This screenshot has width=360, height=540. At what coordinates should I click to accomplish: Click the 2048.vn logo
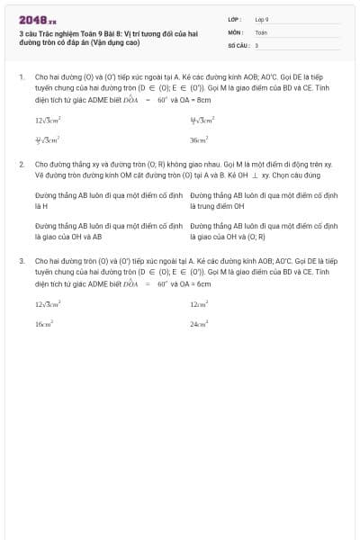tap(37, 19)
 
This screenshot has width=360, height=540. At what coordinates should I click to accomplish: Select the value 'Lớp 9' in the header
tap(262, 18)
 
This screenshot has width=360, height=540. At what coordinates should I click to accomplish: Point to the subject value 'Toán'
tap(261, 31)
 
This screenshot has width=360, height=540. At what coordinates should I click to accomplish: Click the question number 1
tap(21, 78)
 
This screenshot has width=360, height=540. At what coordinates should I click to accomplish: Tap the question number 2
tap(21, 166)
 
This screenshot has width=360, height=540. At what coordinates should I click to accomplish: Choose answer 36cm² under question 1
tap(199, 140)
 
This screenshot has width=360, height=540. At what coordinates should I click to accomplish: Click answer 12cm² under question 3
tap(199, 304)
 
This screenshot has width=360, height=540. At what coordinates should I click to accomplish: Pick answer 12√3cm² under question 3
tap(48, 304)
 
